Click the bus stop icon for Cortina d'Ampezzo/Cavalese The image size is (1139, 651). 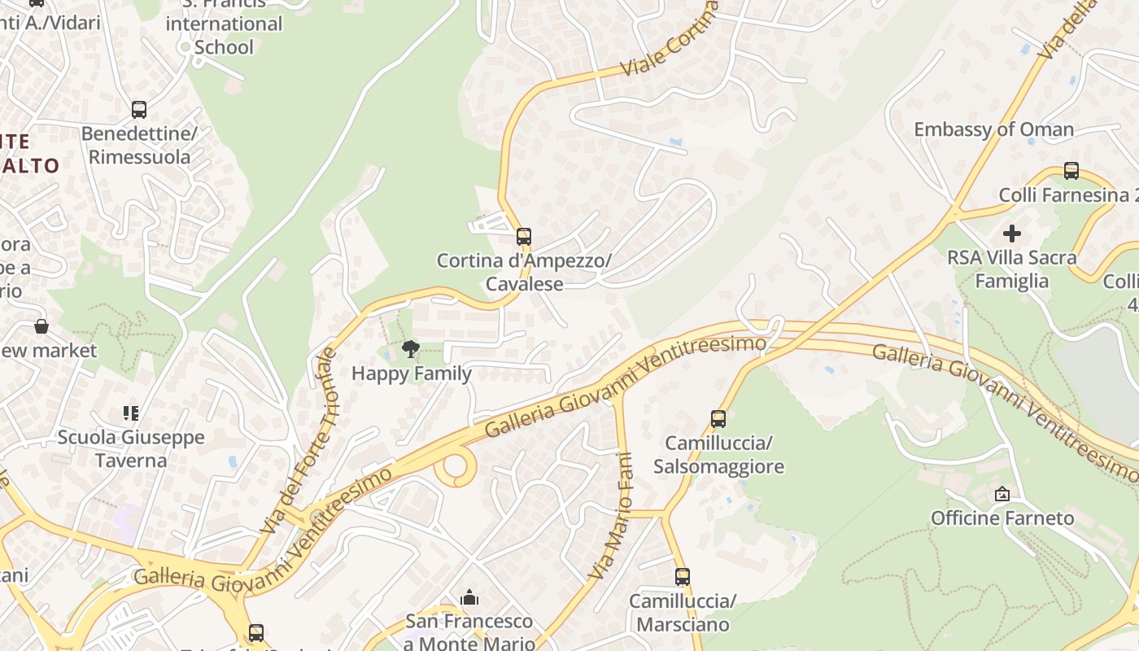point(524,237)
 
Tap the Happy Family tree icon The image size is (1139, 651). point(411,350)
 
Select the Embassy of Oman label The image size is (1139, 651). point(993,129)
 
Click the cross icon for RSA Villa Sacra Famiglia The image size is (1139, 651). point(1012,234)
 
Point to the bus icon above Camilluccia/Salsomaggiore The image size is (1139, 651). point(718,419)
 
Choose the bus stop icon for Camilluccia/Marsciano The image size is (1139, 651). point(683,577)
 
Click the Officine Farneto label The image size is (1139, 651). point(1002,518)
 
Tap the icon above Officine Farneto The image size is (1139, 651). point(1002,494)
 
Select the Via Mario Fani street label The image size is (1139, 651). point(613,517)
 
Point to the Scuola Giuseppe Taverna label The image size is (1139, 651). point(130,449)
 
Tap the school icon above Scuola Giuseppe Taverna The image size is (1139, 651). point(130,413)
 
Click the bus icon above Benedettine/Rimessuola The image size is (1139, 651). point(139,109)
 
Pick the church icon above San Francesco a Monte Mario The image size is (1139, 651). point(469,598)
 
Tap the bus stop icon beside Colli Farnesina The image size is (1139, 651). point(1071,171)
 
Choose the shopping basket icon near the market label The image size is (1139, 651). point(41,327)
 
